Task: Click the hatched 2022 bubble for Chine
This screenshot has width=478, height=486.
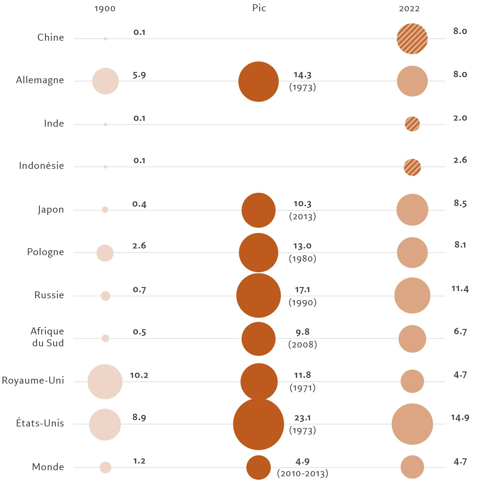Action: click(412, 39)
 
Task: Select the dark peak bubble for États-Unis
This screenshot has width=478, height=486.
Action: click(259, 424)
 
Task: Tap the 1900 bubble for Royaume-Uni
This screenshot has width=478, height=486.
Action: click(105, 382)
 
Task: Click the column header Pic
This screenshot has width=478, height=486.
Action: click(259, 8)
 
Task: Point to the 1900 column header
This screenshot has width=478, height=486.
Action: click(105, 9)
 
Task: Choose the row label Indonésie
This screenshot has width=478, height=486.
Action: click(41, 166)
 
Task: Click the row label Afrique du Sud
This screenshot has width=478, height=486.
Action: click(47, 337)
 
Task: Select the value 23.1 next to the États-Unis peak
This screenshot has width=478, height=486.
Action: click(303, 418)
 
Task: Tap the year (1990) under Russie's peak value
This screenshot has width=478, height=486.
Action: click(303, 302)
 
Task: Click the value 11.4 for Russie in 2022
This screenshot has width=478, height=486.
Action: click(460, 289)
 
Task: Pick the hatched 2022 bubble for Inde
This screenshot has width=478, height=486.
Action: click(412, 124)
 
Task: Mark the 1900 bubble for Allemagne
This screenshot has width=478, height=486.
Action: click(105, 81)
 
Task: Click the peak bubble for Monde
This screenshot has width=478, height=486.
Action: click(259, 467)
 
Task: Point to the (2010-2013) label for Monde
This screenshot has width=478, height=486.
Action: click(303, 474)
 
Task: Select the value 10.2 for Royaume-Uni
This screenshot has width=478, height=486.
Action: click(139, 375)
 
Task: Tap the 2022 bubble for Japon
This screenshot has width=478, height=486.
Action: click(412, 210)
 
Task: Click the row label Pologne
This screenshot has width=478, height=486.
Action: click(46, 252)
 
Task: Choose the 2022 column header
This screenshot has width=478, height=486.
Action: click(409, 9)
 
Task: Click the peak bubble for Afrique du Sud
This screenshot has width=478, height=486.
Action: click(259, 339)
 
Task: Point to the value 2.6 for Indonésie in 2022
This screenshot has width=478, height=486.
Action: click(460, 160)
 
